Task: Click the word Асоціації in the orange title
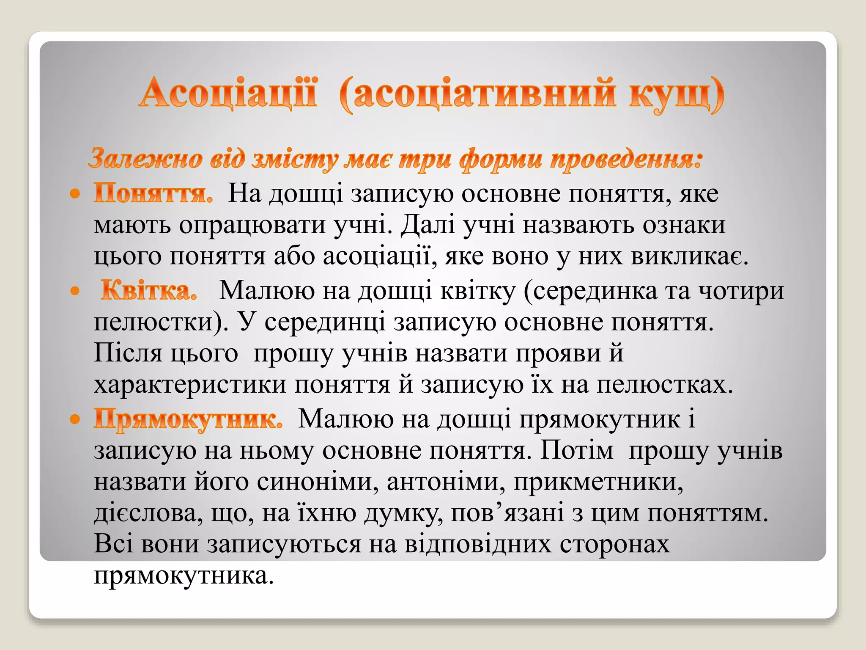(x=228, y=93)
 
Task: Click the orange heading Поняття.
(x=153, y=194)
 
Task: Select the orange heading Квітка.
(x=149, y=291)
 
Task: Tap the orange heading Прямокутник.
(x=188, y=419)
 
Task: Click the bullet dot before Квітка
(x=75, y=291)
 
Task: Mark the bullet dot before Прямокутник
(x=75, y=419)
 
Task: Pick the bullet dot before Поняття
(x=75, y=194)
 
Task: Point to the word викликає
(x=689, y=256)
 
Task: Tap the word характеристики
(x=190, y=385)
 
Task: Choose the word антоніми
(x=446, y=482)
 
